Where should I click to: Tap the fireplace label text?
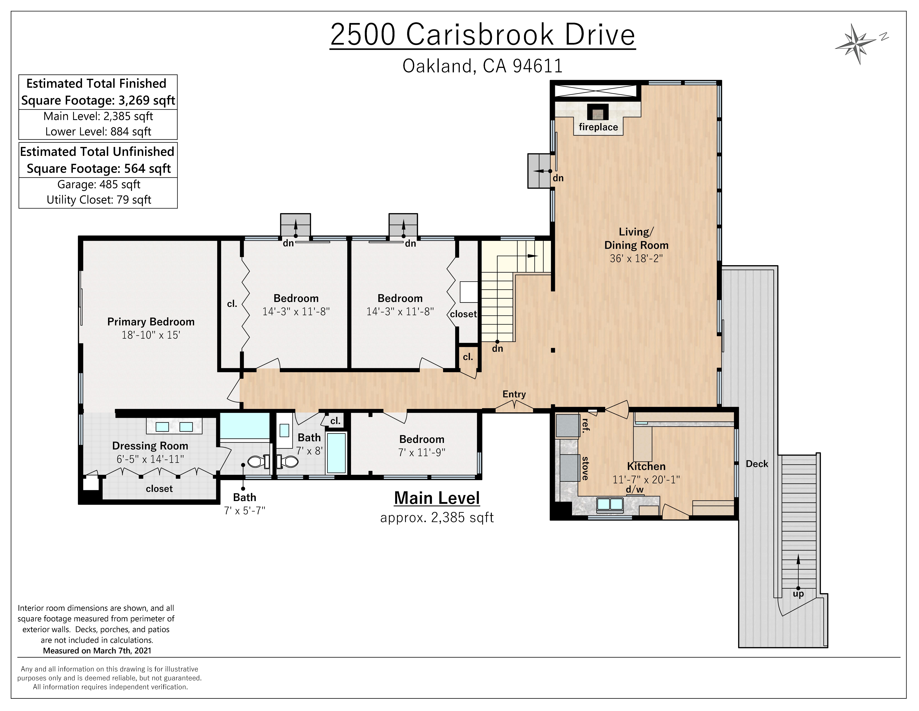(x=598, y=127)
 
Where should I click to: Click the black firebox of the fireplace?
(x=598, y=112)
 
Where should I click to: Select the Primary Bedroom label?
(x=151, y=322)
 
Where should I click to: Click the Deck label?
(x=757, y=464)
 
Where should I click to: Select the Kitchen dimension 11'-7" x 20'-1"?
(x=646, y=479)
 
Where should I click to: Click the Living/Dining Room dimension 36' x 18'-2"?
(x=636, y=258)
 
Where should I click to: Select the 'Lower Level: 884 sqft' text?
(x=98, y=131)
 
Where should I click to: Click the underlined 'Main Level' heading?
(x=437, y=498)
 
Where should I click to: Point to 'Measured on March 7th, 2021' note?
(x=97, y=650)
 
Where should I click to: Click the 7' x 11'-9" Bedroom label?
(x=422, y=446)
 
